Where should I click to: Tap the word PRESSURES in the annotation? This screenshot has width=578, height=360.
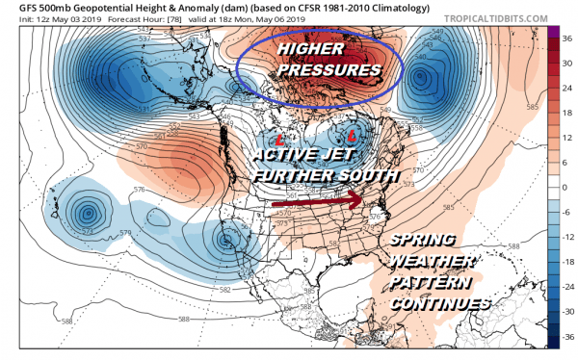[326, 71]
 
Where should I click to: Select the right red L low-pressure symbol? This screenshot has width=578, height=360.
[354, 133]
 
